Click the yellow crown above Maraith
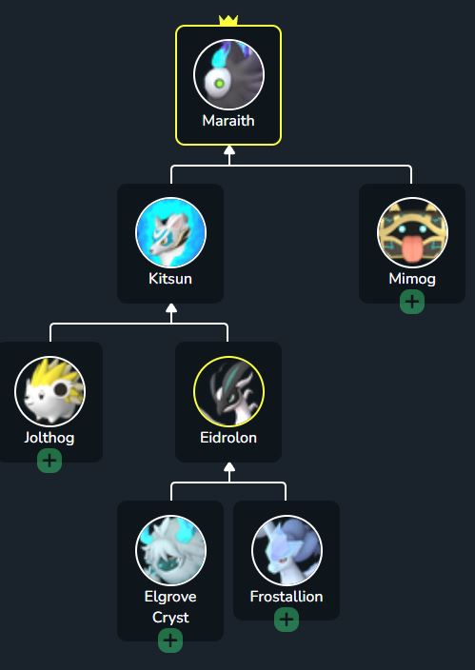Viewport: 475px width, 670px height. (228, 20)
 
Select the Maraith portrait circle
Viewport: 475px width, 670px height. (228, 74)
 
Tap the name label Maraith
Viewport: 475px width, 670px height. (228, 121)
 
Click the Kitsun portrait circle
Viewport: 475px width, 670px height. (170, 233)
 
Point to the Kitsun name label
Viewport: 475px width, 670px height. (170, 279)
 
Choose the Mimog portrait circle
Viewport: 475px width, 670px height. (412, 233)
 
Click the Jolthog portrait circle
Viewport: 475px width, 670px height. (50, 391)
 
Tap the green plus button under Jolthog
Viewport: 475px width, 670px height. (49, 461)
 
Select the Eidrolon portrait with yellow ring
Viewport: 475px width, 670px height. (228, 391)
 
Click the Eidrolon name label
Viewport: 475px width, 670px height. (228, 438)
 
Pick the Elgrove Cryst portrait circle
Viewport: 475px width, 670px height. (170, 550)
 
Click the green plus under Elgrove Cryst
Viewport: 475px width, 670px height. (170, 640)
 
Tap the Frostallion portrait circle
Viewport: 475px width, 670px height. (287, 550)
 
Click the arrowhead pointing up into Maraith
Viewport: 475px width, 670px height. (229, 150)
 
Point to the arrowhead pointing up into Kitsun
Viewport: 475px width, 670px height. (171, 308)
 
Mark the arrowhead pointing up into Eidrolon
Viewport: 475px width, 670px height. (229, 467)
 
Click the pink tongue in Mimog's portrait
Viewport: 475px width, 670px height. (412, 248)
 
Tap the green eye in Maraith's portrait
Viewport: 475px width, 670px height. (219, 84)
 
